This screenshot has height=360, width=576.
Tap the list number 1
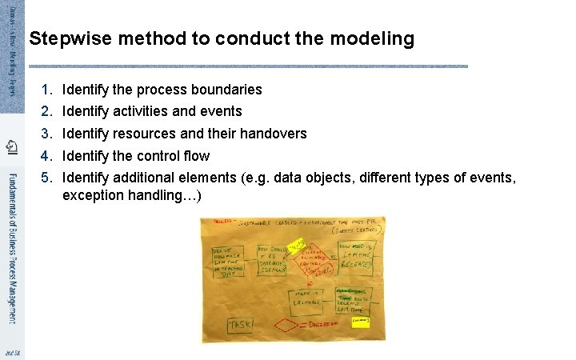coord(46,89)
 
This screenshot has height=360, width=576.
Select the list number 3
coord(46,134)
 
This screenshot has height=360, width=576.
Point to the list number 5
coord(46,177)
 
